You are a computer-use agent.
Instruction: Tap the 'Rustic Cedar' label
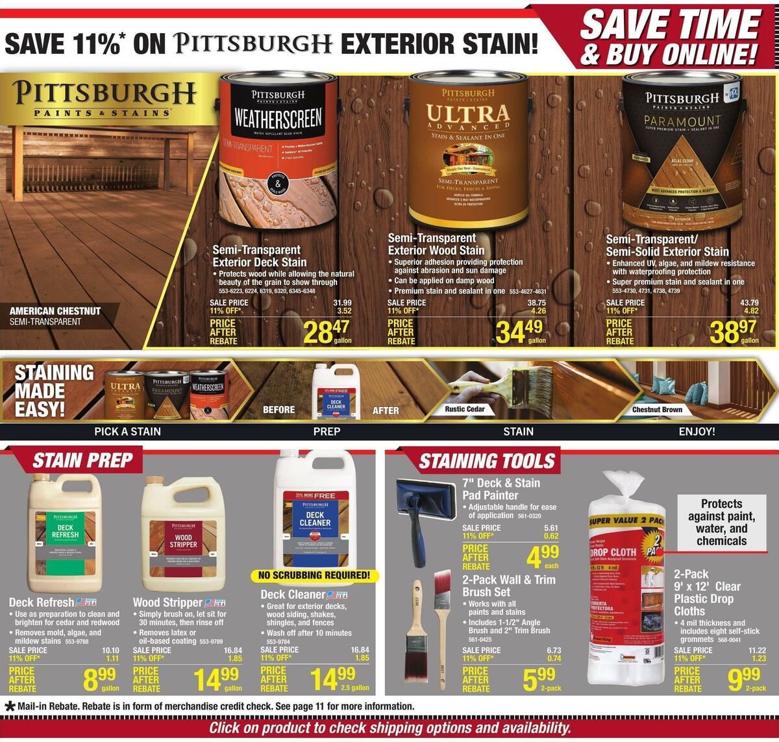click(465, 410)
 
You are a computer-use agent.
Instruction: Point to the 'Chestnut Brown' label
click(657, 410)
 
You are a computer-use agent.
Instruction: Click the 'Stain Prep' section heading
click(82, 461)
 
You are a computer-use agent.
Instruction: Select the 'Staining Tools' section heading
click(486, 461)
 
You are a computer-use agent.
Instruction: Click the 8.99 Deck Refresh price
click(99, 679)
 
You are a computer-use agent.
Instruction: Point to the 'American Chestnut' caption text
click(55, 311)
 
